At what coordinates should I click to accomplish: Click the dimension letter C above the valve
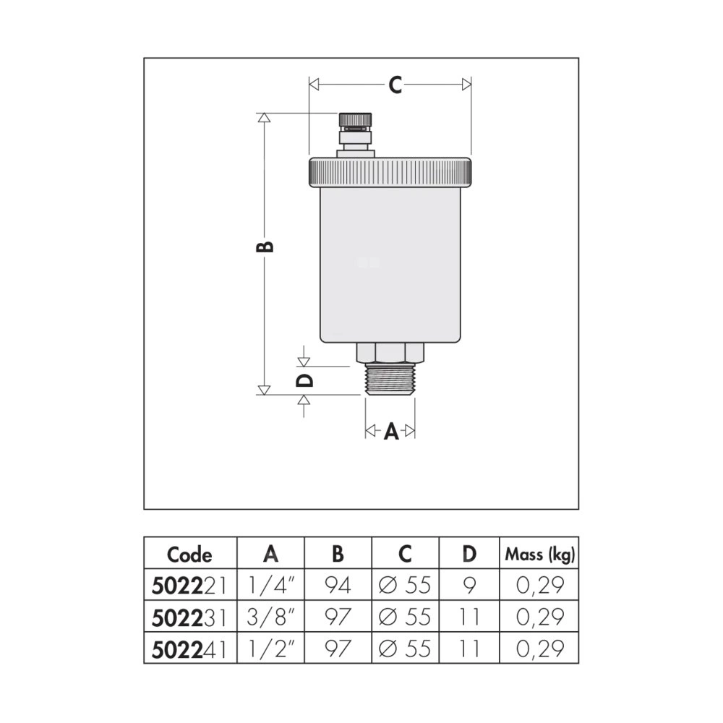coord(395,85)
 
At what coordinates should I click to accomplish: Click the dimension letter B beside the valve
coord(265,247)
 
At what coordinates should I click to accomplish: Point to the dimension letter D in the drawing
coord(304,380)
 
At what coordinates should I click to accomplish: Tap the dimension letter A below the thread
coord(391,432)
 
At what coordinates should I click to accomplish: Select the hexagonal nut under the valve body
coord(390,353)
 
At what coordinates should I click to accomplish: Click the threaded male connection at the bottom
coord(390,379)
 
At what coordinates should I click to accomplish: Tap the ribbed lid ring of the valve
coord(390,173)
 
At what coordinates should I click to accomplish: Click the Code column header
coord(189,555)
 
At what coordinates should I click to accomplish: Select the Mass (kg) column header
coord(540,555)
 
